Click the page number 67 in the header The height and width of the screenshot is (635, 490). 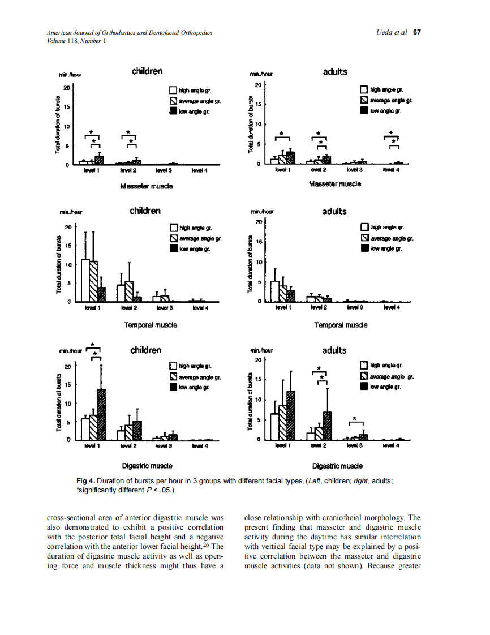(x=417, y=32)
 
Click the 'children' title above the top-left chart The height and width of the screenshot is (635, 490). (x=147, y=71)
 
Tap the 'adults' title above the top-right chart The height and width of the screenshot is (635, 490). (x=335, y=72)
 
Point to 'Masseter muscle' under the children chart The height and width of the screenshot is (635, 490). (x=147, y=186)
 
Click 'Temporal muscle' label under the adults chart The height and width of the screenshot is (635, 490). (x=341, y=325)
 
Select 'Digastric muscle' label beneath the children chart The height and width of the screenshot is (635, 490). (x=147, y=466)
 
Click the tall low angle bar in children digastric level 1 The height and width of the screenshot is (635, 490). (x=101, y=414)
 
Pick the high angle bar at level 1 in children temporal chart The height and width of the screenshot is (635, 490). (x=85, y=280)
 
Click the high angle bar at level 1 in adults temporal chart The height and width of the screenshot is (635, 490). (x=274, y=291)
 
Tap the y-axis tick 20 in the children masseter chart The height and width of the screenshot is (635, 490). (x=66, y=88)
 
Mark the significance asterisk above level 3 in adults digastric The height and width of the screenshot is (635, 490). (x=355, y=419)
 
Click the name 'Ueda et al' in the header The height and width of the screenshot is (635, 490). (x=392, y=32)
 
